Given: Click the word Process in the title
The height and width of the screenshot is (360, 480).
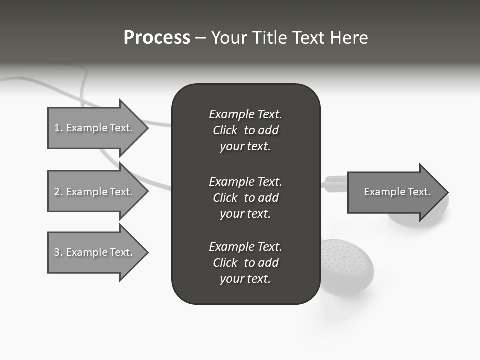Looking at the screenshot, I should click(157, 38).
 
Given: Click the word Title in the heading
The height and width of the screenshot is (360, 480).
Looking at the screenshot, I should click(268, 38).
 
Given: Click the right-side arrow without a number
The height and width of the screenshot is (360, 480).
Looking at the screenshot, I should click(395, 192).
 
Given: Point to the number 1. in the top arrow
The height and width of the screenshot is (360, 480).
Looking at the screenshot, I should click(58, 128).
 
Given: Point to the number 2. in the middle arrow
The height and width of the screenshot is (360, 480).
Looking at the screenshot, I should click(58, 192).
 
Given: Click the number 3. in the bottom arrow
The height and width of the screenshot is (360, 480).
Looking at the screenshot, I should click(58, 252).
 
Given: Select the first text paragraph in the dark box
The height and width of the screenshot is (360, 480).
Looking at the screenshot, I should click(245, 130).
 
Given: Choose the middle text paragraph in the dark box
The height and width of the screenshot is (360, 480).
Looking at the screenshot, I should click(245, 197).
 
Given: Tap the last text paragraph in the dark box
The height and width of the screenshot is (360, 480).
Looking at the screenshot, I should click(245, 263).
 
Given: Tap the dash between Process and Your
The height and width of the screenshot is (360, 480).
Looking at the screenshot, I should click(200, 38).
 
